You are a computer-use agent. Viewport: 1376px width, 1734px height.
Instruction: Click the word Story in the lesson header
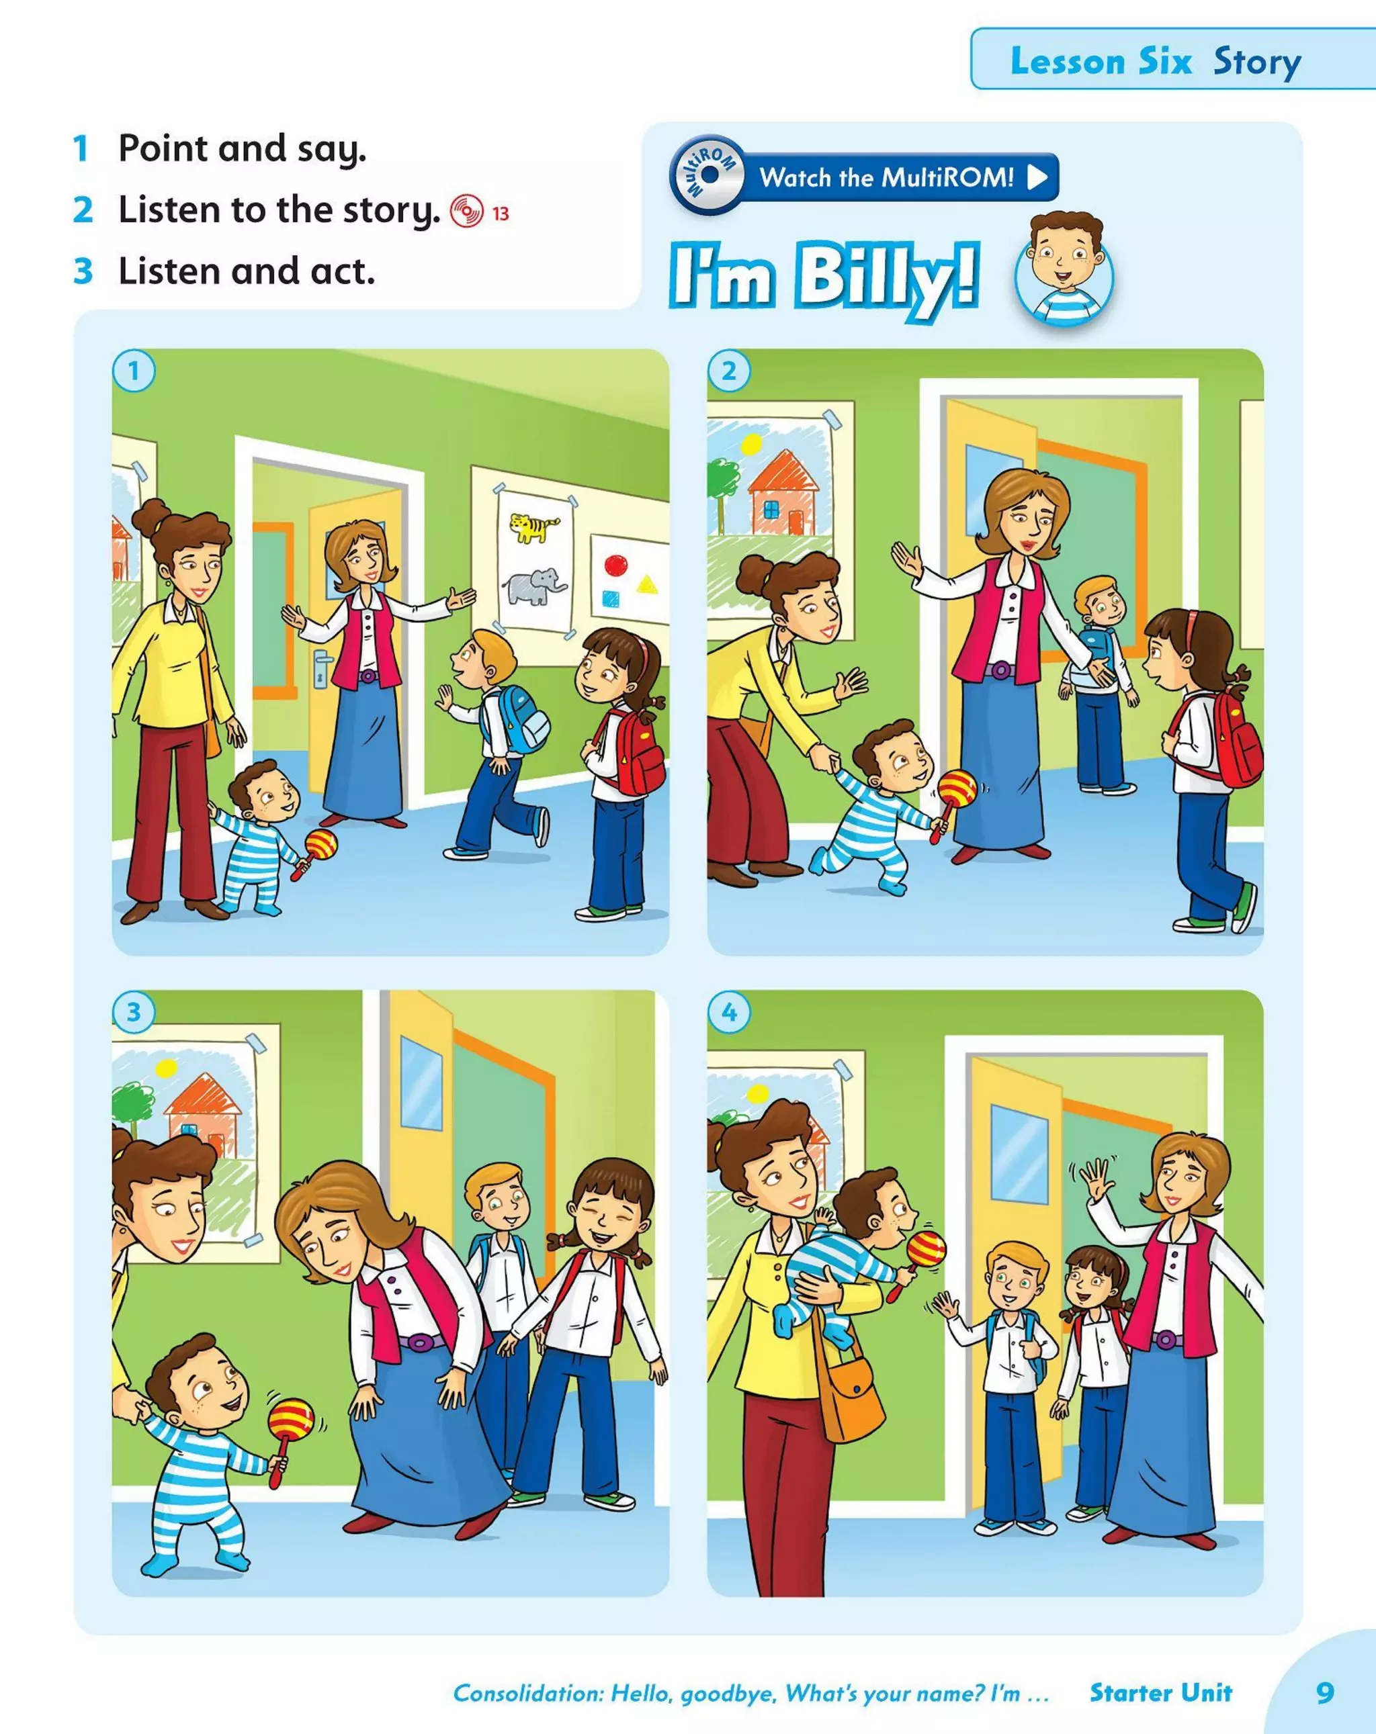click(1257, 62)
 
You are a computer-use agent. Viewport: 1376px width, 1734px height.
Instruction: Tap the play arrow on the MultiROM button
click(1038, 177)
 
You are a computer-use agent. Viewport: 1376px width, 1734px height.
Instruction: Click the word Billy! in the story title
click(888, 277)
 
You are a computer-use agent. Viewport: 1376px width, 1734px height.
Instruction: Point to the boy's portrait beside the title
click(1065, 269)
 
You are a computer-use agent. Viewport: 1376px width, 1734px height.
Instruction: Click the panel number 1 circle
click(134, 371)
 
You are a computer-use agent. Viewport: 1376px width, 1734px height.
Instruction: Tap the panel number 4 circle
click(729, 1012)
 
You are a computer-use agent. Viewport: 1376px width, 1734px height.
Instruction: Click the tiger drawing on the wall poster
click(533, 528)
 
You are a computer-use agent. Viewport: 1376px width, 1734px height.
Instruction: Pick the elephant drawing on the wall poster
click(533, 586)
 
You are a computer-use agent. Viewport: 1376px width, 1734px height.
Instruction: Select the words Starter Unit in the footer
click(1160, 1692)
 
